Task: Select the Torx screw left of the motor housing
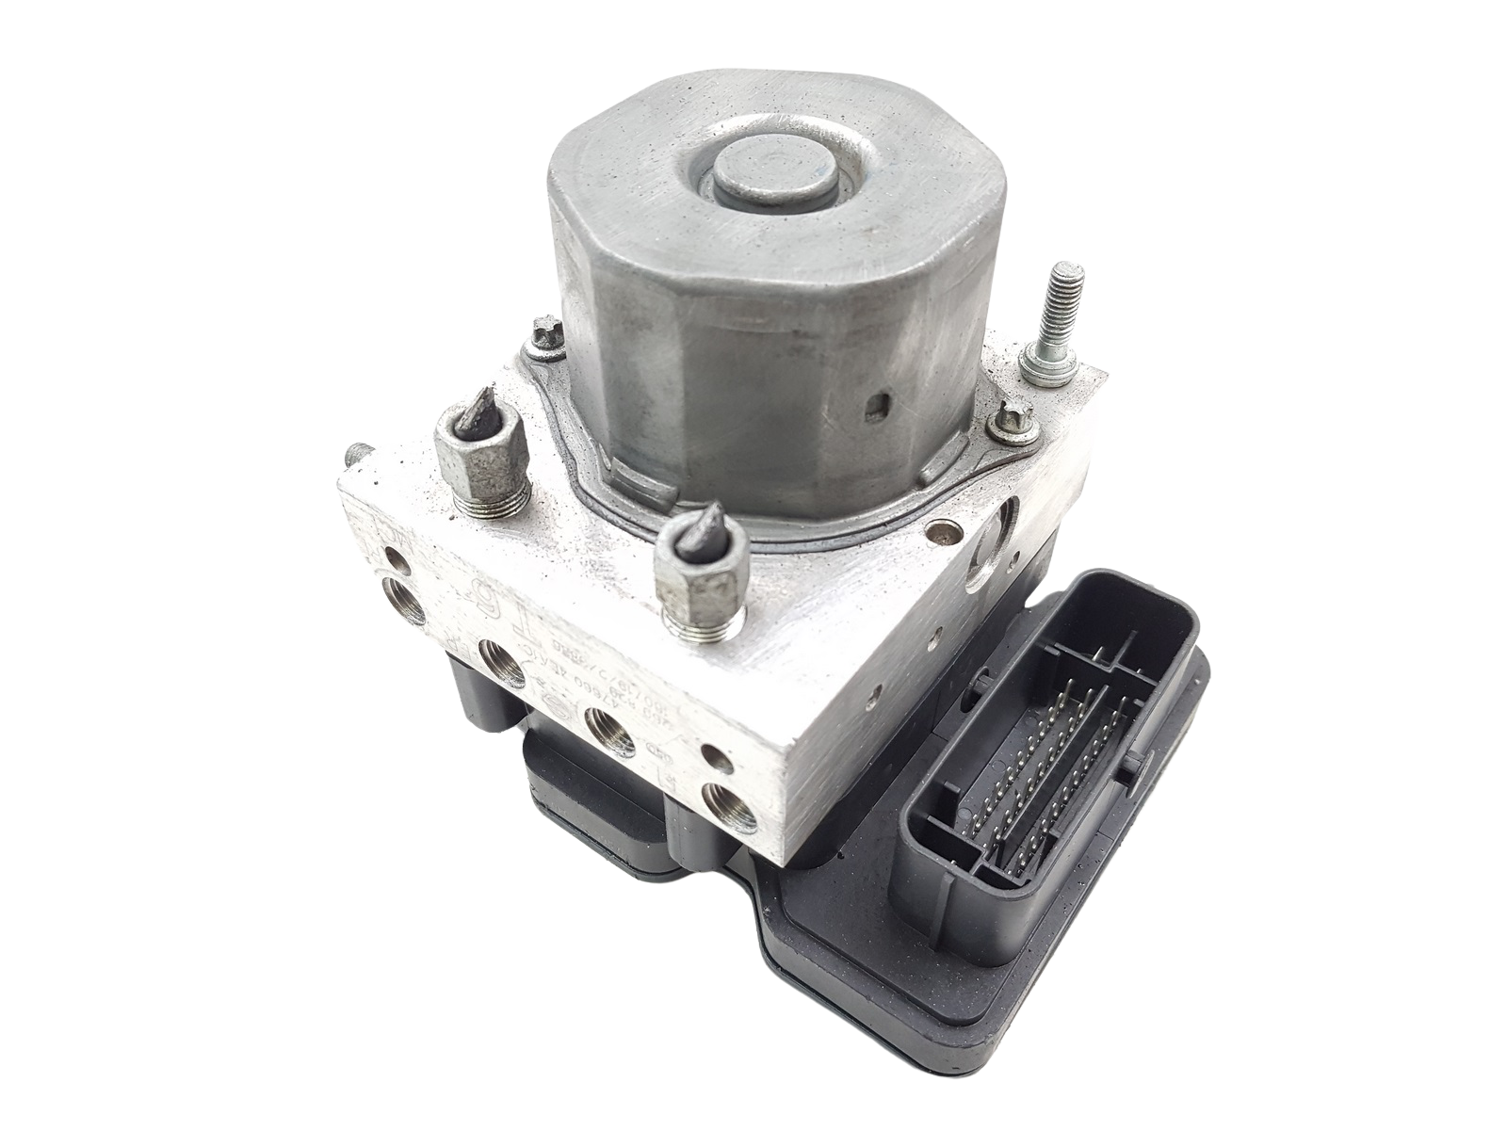coord(544,335)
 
